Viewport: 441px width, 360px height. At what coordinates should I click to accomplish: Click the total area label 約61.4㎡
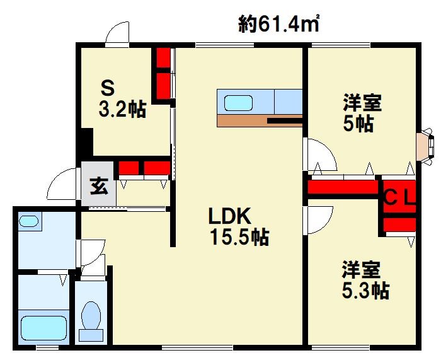point(278,24)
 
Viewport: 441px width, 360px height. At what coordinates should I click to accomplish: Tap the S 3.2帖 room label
point(122,99)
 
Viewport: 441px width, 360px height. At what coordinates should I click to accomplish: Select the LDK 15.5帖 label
point(239,226)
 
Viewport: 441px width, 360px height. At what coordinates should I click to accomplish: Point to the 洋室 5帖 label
point(362,113)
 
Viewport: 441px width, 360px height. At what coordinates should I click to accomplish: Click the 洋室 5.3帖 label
point(365,280)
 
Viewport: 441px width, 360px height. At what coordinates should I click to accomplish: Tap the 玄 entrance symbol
point(99,186)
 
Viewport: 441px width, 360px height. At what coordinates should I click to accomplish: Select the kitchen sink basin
point(239,103)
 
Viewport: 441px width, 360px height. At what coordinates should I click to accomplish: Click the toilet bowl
point(91,315)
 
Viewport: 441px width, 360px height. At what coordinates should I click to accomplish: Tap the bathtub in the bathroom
point(44,328)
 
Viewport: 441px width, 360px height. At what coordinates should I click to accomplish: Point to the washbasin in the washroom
point(29,221)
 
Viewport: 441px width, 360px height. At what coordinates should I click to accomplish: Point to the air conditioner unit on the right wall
point(425,146)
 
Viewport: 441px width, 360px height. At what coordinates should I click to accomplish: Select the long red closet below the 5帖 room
point(343,187)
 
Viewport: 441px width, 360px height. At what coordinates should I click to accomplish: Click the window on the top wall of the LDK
point(225,45)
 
